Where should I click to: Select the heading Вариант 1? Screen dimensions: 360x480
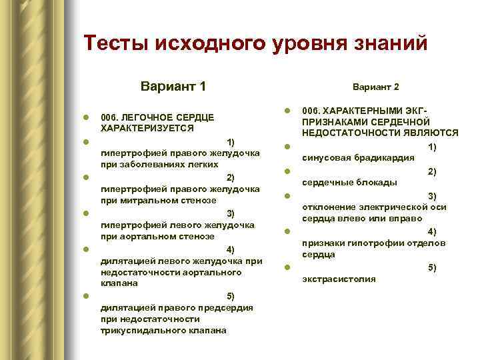click(x=173, y=87)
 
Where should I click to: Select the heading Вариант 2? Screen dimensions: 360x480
click(x=376, y=87)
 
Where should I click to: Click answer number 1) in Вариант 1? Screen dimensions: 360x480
click(x=231, y=142)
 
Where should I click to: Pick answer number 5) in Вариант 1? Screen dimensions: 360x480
click(x=231, y=295)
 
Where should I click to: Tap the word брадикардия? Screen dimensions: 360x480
click(x=385, y=158)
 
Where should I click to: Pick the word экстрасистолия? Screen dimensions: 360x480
click(x=339, y=279)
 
